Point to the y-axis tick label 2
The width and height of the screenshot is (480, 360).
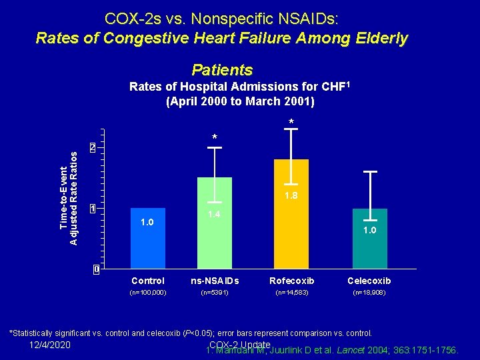(94, 147)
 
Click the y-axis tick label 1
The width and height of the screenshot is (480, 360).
(94, 209)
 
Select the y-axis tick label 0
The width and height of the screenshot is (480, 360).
(96, 270)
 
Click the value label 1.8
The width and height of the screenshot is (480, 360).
(291, 196)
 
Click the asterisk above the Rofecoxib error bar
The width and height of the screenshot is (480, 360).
(291, 122)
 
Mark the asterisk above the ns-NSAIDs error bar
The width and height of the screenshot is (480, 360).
(214, 138)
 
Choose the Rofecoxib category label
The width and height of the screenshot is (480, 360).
(291, 281)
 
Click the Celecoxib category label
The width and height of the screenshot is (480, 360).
(369, 281)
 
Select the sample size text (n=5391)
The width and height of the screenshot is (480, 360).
(214, 293)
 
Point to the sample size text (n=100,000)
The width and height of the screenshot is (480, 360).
(148, 293)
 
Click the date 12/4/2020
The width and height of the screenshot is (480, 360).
(51, 345)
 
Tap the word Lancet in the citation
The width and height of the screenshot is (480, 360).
(347, 349)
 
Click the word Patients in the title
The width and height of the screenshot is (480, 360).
(222, 70)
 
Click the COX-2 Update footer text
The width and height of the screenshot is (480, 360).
(239, 344)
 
